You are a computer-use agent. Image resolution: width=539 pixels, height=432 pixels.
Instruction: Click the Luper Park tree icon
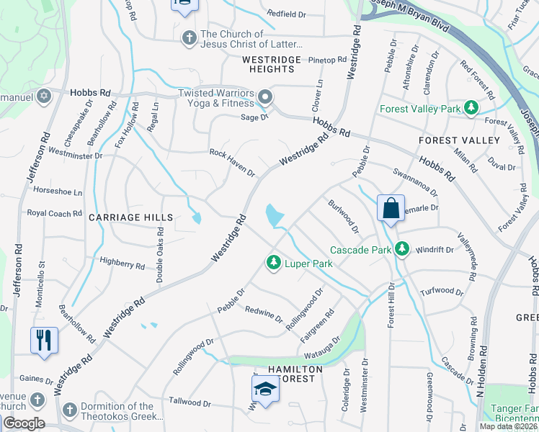(x=273, y=264)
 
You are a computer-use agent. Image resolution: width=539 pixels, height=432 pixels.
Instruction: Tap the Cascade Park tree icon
(x=402, y=250)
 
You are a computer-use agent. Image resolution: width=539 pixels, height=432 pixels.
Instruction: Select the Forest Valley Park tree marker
(x=471, y=108)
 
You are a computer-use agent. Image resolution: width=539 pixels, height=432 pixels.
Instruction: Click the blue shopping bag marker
(x=390, y=208)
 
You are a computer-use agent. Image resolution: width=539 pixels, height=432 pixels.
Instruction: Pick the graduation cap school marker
(x=264, y=390)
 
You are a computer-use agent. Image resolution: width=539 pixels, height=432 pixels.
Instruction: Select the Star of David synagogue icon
(x=44, y=95)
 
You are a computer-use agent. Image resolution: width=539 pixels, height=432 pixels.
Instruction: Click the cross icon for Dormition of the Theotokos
(x=69, y=410)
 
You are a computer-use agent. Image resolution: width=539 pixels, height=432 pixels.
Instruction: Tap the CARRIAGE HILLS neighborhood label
(x=130, y=217)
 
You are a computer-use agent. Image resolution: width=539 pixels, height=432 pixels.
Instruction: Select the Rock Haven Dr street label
(x=232, y=163)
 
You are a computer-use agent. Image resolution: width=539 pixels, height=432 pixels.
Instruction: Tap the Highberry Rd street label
(x=122, y=264)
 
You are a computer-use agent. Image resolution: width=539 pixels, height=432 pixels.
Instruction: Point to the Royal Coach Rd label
(x=55, y=213)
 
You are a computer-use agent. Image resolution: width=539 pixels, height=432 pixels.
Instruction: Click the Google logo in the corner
(x=23, y=423)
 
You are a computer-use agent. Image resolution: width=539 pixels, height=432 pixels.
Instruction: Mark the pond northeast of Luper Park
(x=274, y=215)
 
